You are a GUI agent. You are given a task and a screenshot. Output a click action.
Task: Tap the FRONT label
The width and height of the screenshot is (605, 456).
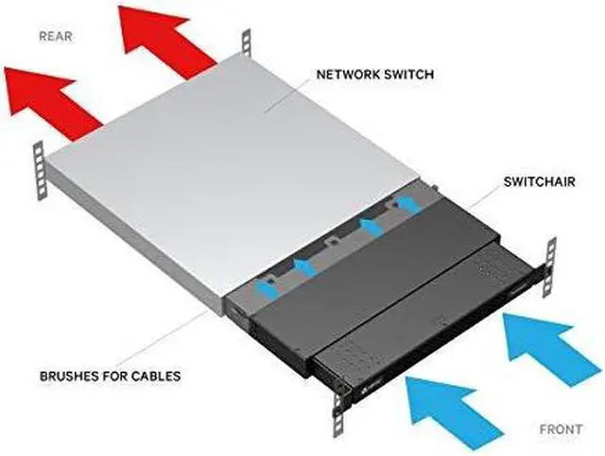point(561,429)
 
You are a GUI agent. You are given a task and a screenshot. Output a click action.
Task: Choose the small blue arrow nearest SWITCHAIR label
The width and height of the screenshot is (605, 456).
point(406,201)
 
